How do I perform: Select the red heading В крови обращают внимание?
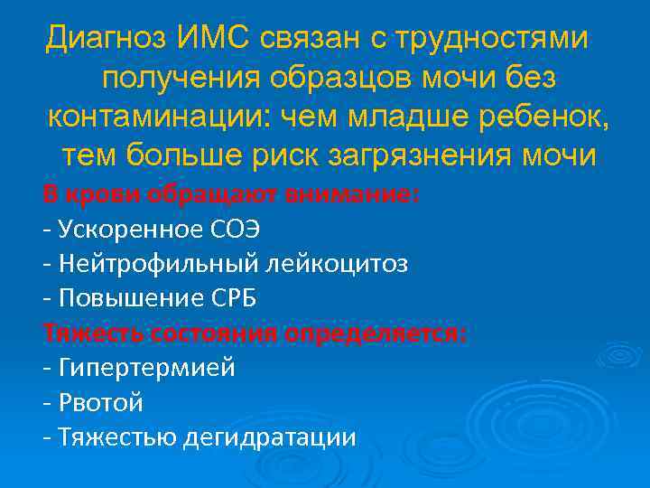(231, 194)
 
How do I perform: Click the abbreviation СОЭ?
(223, 229)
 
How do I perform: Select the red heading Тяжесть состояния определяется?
(255, 333)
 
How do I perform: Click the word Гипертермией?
(146, 368)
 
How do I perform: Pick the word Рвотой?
(99, 403)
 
